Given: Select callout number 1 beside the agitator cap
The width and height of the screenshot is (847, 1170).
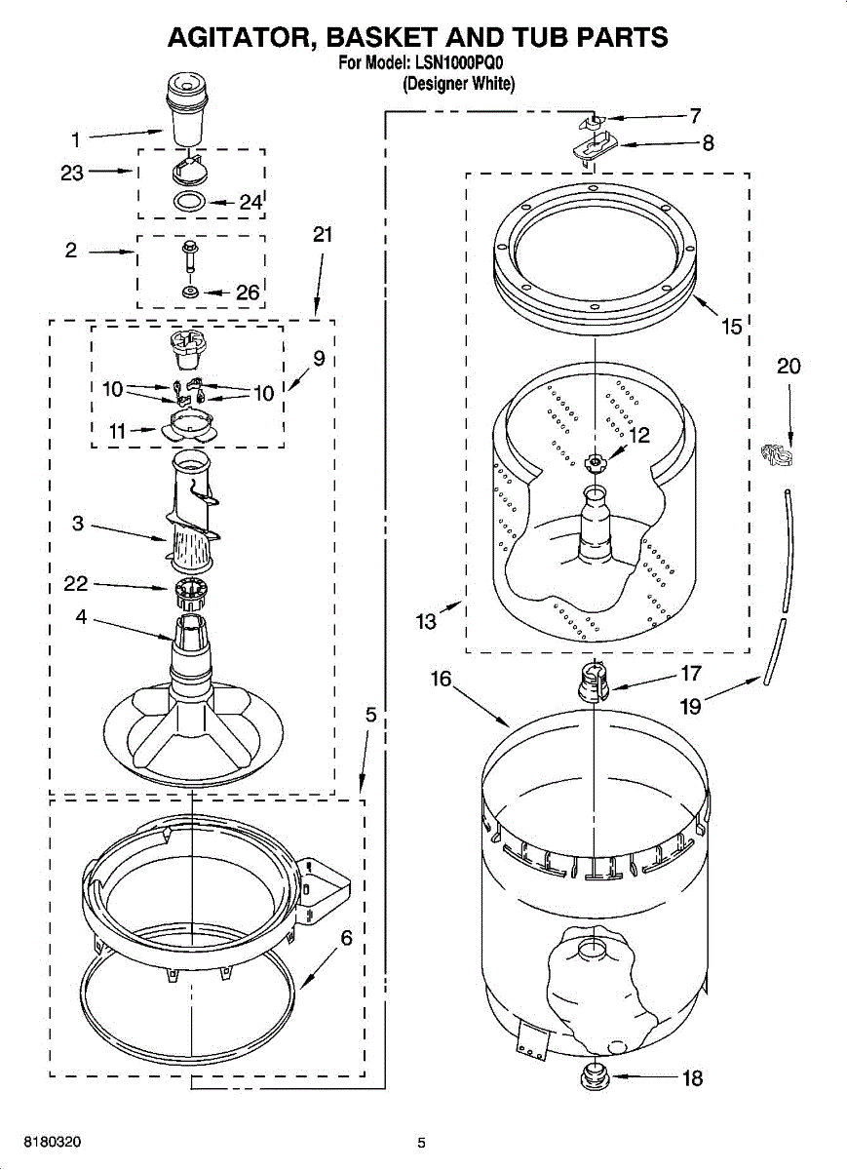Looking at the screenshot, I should (x=76, y=138).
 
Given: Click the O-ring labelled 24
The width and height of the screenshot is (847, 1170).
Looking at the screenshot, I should (x=189, y=203).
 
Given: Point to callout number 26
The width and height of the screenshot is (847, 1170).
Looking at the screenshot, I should (x=248, y=292).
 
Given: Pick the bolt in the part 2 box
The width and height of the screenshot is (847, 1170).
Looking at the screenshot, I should (x=188, y=257).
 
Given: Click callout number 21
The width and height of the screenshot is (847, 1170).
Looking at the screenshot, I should (x=323, y=234).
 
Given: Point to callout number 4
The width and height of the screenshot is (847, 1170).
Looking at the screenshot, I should (x=82, y=616).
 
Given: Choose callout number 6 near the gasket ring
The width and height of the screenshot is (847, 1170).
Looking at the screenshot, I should (x=345, y=939).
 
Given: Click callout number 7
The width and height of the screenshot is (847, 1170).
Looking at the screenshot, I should (x=695, y=116).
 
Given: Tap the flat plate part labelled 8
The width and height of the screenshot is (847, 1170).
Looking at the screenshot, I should (x=594, y=148).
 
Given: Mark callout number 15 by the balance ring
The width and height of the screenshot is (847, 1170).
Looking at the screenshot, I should (x=731, y=327).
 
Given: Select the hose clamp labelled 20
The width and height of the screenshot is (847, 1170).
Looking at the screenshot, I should (x=775, y=453).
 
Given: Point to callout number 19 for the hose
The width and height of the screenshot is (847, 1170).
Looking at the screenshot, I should (x=690, y=705).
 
